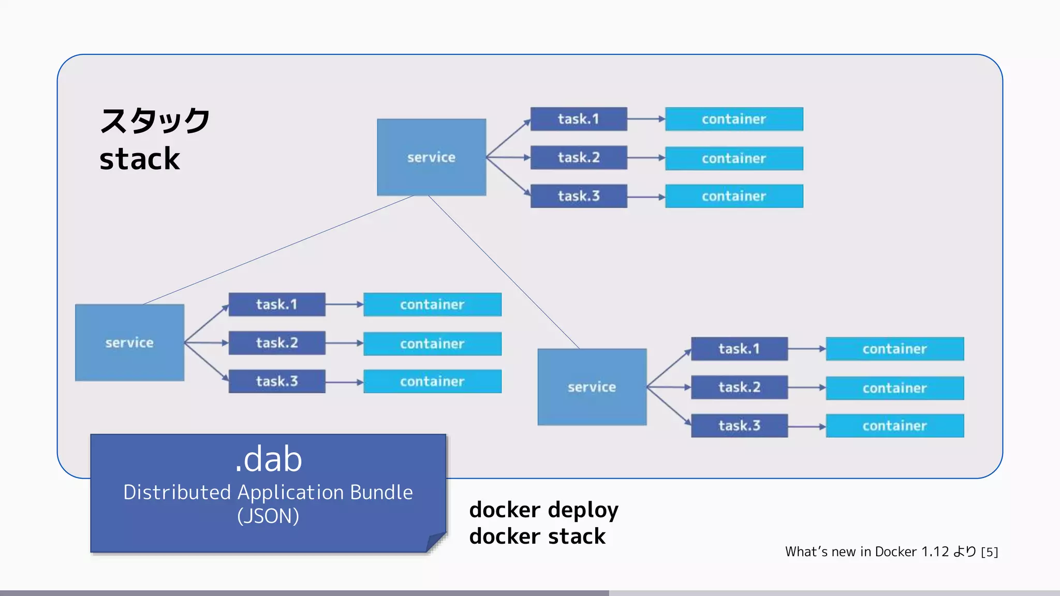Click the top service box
point(431,157)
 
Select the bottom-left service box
point(129,342)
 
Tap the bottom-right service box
point(592,387)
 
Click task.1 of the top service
point(578,119)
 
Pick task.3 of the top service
point(578,196)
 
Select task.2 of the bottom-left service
point(277,343)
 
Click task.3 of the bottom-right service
point(739,426)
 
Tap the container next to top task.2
point(733,158)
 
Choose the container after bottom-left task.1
point(432,305)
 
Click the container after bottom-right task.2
point(894,388)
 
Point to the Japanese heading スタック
point(155,121)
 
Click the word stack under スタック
point(139,159)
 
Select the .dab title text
point(268,459)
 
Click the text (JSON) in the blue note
point(268,516)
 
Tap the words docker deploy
point(543,510)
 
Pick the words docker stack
point(537,537)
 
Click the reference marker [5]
point(989,552)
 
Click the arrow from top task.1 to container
point(646,119)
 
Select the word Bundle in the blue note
point(381,493)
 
